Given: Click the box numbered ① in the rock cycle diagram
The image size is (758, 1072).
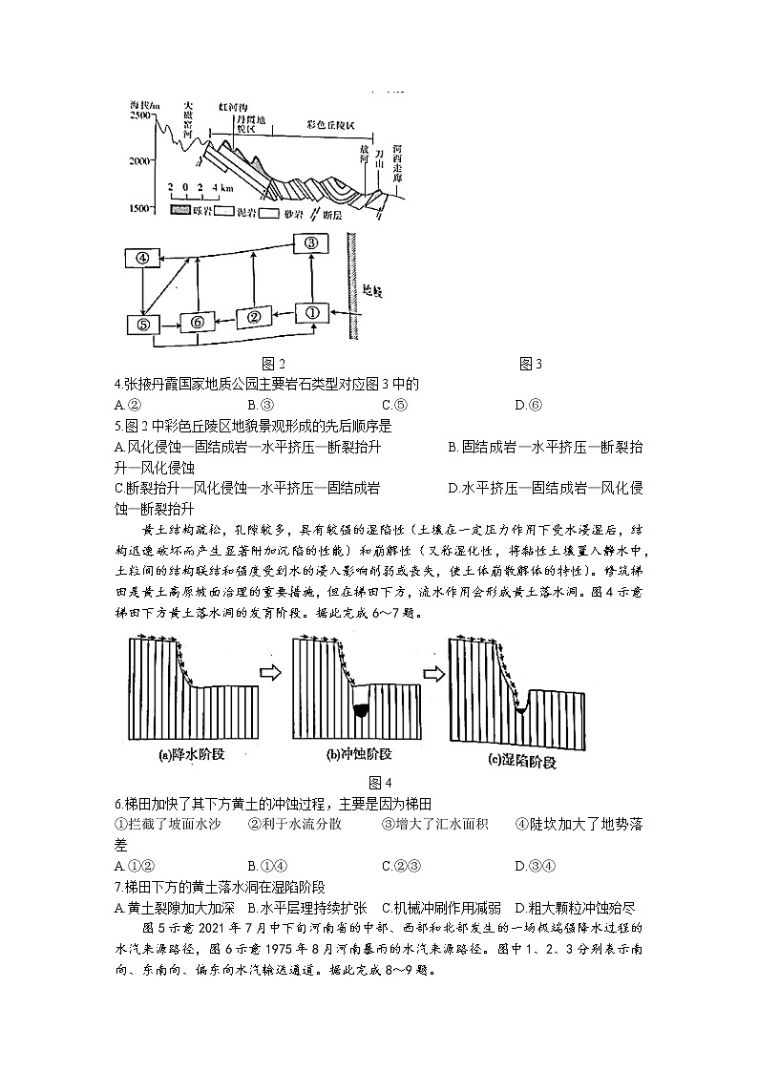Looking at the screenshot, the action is point(311,312).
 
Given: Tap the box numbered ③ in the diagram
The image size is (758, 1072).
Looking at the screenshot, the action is point(310,243).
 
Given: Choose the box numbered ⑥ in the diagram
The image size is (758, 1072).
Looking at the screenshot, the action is point(197,323).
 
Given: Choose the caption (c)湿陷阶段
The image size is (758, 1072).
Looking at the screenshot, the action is point(522,762).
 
